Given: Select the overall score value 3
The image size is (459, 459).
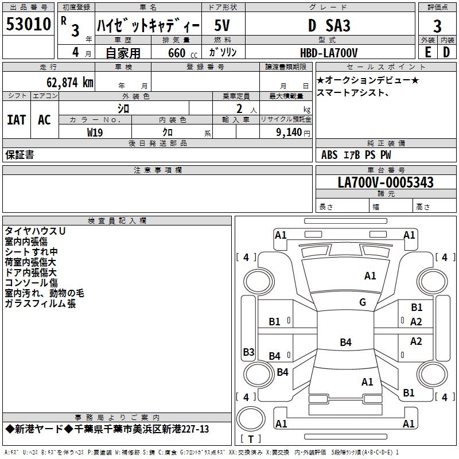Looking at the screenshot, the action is [437, 26].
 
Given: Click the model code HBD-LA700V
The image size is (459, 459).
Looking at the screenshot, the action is [329, 52].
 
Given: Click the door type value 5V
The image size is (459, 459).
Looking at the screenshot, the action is [223, 25].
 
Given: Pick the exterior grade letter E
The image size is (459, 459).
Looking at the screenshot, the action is [428, 52].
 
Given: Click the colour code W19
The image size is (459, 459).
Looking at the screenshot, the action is [95, 133].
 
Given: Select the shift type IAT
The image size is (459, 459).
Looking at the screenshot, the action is [16, 120].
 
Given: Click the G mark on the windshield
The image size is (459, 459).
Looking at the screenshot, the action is [363, 302].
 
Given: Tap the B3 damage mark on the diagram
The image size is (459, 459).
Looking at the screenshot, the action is [248, 352].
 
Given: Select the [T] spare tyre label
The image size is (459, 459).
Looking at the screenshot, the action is [250, 439].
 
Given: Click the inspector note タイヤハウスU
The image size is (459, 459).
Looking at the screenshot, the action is [35, 231].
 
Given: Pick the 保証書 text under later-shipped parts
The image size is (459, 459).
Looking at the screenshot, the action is [20, 155].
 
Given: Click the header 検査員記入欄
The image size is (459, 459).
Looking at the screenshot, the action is [117, 220].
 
